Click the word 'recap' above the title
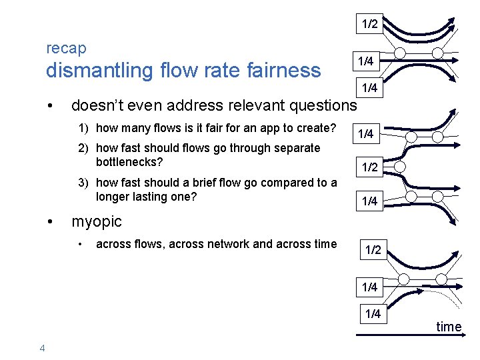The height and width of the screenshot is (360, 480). pyautogui.click(x=66, y=49)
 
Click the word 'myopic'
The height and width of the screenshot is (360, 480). pyautogui.click(x=97, y=221)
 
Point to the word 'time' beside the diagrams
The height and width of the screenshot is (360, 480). pyautogui.click(x=449, y=327)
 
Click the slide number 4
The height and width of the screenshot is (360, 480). pyautogui.click(x=42, y=347)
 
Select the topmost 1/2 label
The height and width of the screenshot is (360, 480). pyautogui.click(x=370, y=24)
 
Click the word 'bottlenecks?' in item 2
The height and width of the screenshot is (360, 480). pyautogui.click(x=129, y=161)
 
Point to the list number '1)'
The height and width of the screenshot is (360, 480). pyautogui.click(x=85, y=128)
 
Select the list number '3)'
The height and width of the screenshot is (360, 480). pyautogui.click(x=85, y=183)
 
